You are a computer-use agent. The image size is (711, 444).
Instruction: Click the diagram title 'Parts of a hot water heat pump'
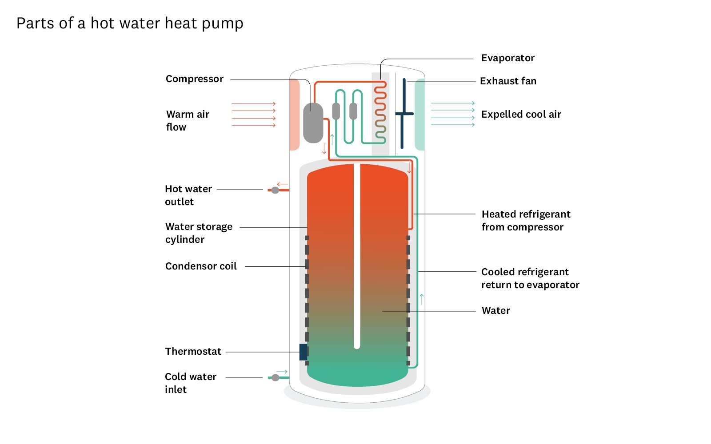point(130,23)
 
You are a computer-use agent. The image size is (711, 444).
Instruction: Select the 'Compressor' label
point(194,79)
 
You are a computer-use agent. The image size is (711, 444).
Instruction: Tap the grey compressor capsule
point(313,123)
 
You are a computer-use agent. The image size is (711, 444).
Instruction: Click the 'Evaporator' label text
point(507,58)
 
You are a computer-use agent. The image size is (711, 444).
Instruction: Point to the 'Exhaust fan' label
point(508,81)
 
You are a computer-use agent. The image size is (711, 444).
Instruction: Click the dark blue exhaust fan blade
point(403,114)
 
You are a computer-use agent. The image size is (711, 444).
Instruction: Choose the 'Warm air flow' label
point(187,121)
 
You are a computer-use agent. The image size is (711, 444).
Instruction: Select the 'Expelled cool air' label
point(521,115)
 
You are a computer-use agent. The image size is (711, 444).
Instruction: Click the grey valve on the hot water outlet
point(275,190)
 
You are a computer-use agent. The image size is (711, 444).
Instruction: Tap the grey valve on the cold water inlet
point(275,377)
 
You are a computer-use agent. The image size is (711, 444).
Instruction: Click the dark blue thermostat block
point(304,352)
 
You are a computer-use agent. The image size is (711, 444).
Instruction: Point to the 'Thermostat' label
point(193,352)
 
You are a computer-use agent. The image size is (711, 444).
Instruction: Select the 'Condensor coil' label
point(201,266)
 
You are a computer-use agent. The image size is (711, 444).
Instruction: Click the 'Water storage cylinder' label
point(199,233)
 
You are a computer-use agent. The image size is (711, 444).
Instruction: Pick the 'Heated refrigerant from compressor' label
point(526,221)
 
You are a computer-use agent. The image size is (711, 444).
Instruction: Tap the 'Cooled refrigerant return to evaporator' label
point(530,278)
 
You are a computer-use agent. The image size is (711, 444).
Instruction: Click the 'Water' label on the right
point(495,311)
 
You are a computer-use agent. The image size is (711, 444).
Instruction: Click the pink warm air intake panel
point(294,115)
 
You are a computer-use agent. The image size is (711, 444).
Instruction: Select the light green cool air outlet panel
point(419,115)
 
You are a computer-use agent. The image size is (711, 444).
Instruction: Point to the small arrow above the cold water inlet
point(282,372)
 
